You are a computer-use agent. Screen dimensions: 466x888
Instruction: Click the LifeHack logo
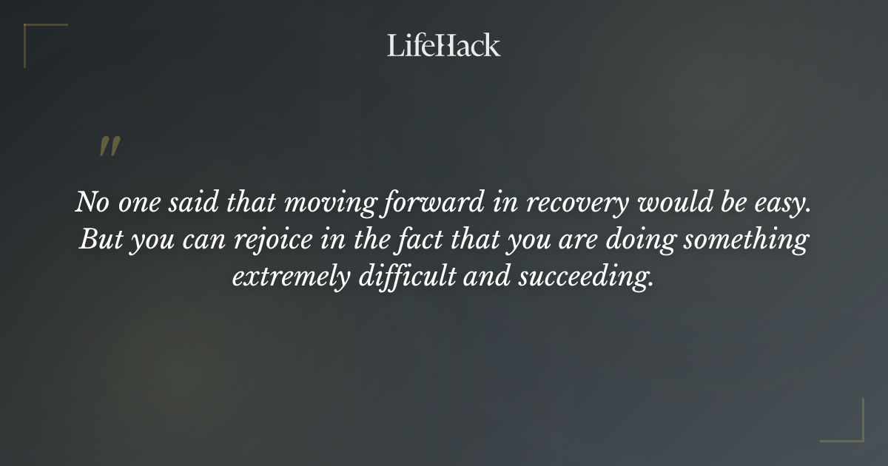point(444,45)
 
